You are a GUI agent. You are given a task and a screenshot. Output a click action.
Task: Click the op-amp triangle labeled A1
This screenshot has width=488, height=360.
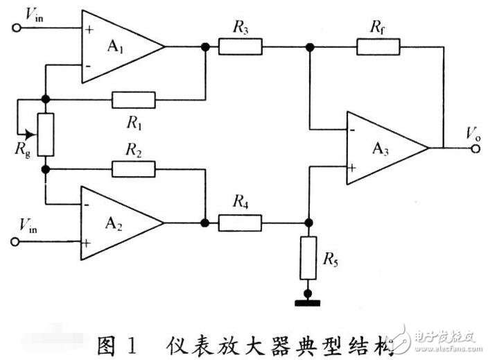(x=118, y=46)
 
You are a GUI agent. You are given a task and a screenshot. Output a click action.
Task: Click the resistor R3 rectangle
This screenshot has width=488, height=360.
(x=241, y=46)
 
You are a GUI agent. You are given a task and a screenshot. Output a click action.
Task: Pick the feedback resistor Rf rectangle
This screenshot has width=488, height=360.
(x=378, y=46)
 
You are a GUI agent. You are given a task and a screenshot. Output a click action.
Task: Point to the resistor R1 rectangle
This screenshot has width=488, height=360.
(x=134, y=100)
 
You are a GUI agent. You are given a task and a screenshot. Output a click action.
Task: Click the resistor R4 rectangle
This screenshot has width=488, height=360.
(x=241, y=223)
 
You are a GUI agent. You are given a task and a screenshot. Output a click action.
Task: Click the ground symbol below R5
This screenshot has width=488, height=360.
(x=309, y=300)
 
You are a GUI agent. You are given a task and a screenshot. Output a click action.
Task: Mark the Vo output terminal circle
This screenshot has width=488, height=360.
(x=476, y=148)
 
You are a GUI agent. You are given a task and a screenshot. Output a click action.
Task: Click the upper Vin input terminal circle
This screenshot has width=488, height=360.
(x=16, y=28)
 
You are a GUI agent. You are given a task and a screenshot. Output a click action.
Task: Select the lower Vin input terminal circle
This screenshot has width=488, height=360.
(x=16, y=242)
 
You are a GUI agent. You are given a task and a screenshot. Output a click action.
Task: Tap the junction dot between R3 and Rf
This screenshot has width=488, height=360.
(x=309, y=46)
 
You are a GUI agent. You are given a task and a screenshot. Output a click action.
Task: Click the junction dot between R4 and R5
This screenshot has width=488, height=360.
(x=309, y=223)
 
